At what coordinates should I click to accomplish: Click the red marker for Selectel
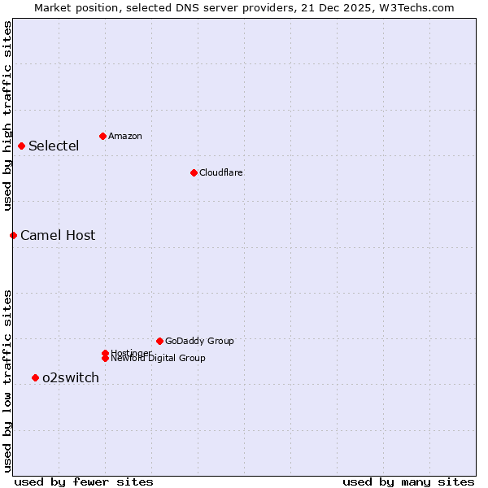tap(22, 146)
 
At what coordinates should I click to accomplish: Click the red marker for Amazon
tap(102, 136)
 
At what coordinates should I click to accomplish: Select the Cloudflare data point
tap(194, 172)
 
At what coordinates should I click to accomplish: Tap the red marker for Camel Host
tap(13, 235)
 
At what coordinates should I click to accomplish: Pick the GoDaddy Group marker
tap(159, 341)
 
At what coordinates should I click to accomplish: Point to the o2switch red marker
tap(35, 377)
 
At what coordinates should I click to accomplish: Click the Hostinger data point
tap(105, 353)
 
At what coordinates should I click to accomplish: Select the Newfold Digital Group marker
tap(105, 358)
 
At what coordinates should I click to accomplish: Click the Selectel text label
tap(54, 146)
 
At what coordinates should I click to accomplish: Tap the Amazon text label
tap(124, 136)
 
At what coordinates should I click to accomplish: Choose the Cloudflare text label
tap(220, 172)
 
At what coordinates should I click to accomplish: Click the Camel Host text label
tap(58, 236)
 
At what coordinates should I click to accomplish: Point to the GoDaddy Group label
tap(199, 341)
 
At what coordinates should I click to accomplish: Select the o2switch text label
tap(71, 377)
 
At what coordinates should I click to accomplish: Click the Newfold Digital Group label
tap(158, 359)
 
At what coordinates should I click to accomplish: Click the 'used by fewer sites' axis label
tap(83, 481)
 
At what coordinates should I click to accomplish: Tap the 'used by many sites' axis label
tap(408, 481)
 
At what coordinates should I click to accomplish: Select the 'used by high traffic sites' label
tap(7, 115)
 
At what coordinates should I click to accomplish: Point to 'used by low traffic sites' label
tap(7, 381)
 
